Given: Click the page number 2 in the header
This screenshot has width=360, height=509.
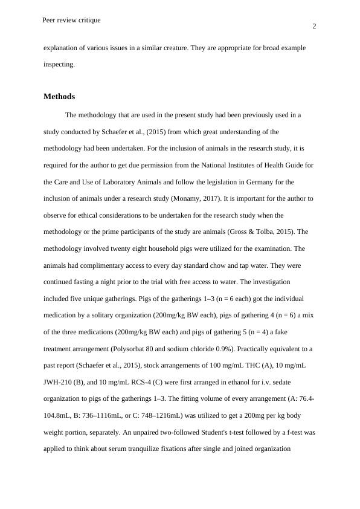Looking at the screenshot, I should pyautogui.click(x=314, y=26).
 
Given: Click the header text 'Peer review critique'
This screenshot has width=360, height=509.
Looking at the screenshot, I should pyautogui.click(x=71, y=20).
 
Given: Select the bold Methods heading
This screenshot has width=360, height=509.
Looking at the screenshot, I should pyautogui.click(x=59, y=97).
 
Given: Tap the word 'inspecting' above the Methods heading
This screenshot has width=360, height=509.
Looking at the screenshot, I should pyautogui.click(x=59, y=64).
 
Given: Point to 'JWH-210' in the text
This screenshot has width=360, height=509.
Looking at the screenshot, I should pyautogui.click(x=58, y=382).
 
